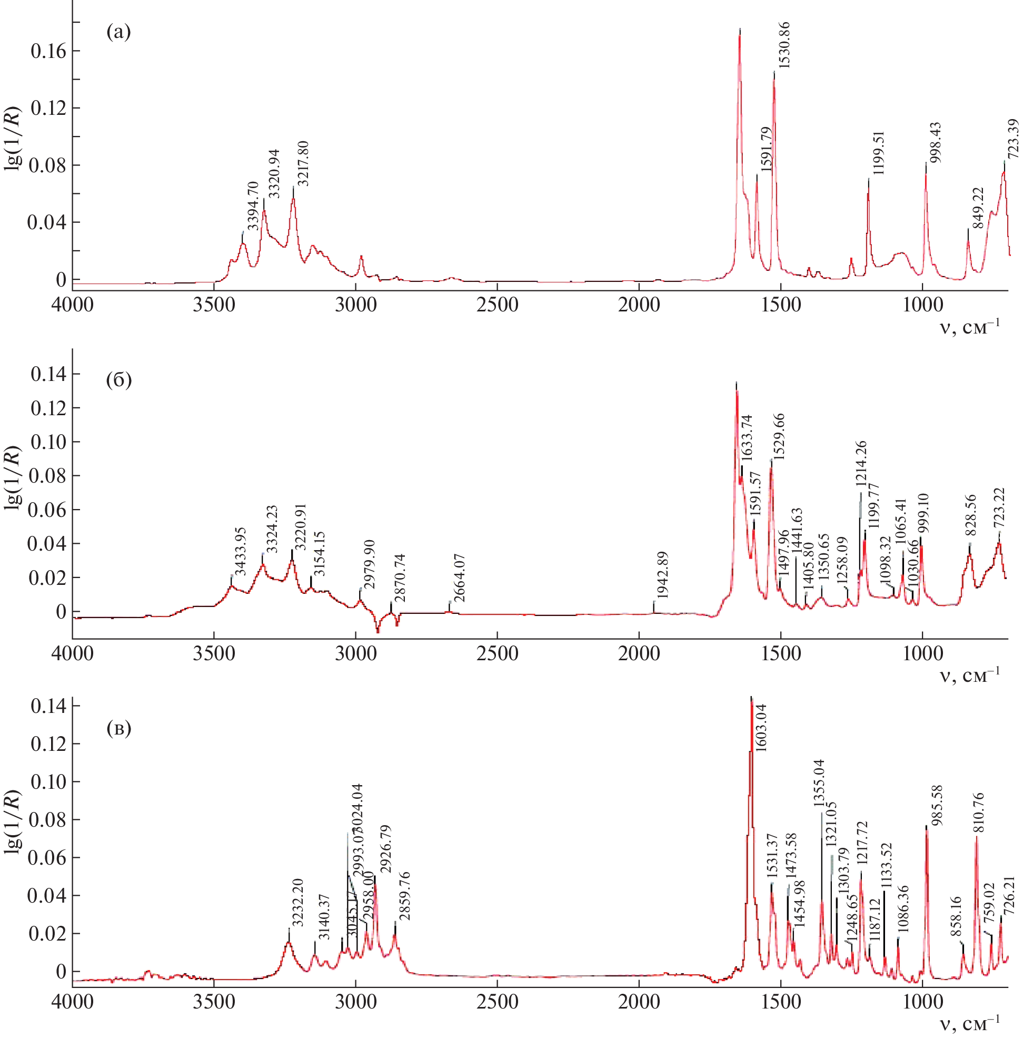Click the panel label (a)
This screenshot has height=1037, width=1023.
(x=118, y=32)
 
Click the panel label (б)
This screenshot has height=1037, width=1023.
(x=118, y=379)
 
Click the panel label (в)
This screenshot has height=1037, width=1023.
(x=118, y=728)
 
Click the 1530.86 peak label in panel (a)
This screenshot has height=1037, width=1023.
(x=784, y=45)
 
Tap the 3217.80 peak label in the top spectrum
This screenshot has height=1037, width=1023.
(x=303, y=164)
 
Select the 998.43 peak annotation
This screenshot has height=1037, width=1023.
(x=935, y=143)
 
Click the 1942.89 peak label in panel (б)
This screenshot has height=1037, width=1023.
(x=662, y=575)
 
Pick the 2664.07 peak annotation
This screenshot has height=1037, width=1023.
(x=459, y=578)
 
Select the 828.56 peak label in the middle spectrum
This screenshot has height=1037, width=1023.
(x=970, y=515)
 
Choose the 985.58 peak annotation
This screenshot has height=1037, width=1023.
(x=937, y=805)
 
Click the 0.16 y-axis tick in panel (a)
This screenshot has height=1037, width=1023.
(x=48, y=51)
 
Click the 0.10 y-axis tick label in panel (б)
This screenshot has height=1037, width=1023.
(x=48, y=442)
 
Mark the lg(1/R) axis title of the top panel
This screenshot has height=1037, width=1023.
(x=13, y=139)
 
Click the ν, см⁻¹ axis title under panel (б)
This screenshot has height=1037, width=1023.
(x=970, y=675)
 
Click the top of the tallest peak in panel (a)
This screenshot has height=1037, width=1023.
(x=740, y=30)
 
